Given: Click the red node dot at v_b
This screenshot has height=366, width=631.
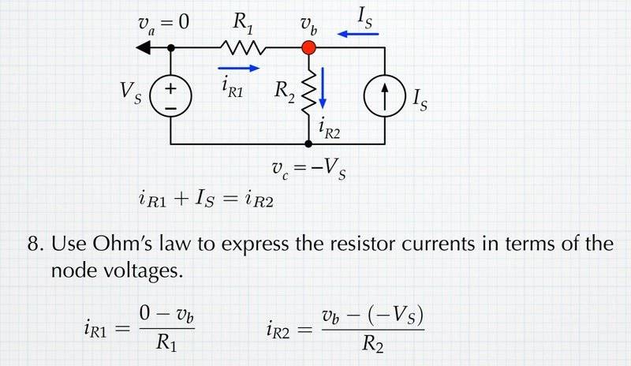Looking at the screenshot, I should pos(308,48).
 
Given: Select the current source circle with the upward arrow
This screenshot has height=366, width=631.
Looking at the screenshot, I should pos(385,96).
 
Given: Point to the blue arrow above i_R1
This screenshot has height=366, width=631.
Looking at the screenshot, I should pos(237,68).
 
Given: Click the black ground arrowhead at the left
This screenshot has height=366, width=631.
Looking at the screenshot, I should pos(145,48).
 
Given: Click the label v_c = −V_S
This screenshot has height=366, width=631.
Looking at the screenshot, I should pos(308,169).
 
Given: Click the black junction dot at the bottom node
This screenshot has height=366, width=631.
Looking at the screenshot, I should pos(308,144).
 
